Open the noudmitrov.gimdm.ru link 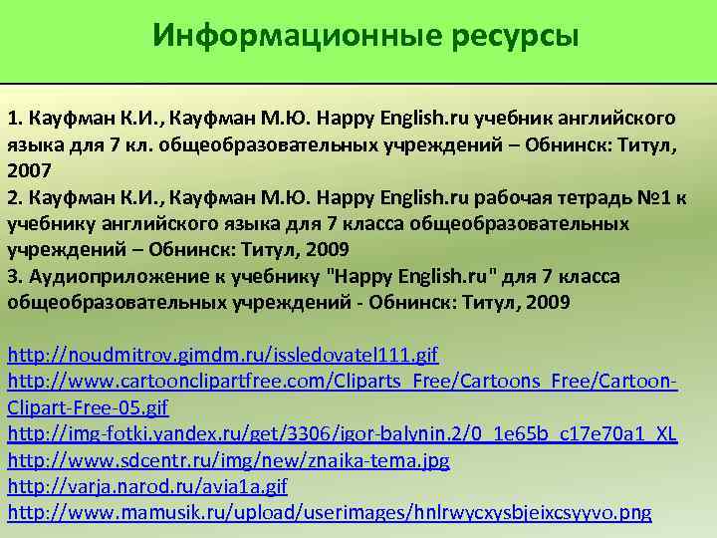tap(223, 355)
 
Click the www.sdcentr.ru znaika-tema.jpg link tap(229, 460)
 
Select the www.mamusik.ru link tap(330, 513)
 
